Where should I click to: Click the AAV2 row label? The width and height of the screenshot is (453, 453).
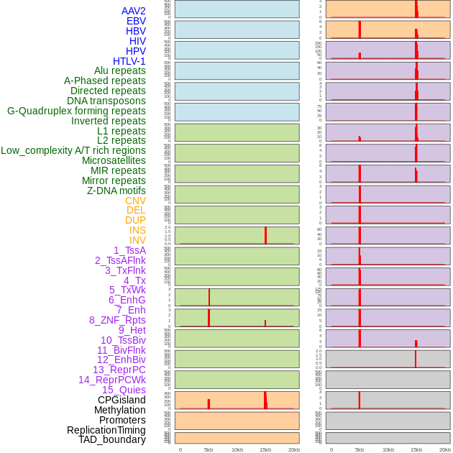133,11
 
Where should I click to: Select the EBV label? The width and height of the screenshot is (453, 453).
136,21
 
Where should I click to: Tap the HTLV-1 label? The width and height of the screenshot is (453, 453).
129,61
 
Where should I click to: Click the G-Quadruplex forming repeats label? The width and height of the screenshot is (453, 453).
76,111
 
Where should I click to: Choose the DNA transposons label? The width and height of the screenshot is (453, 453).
106,101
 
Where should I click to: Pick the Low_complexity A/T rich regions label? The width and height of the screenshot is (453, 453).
73,150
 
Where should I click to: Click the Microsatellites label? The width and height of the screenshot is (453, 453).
114,160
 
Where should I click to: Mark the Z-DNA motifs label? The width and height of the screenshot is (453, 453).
116,191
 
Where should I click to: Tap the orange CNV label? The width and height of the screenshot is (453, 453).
135,201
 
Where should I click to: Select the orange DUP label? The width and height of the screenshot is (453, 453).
135,220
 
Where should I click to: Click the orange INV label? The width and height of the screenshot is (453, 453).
137,240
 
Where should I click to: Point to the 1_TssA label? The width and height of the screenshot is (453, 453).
129,250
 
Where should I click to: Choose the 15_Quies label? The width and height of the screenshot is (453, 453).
124,390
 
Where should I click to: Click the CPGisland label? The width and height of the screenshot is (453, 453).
122,400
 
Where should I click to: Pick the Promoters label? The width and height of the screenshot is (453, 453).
122,420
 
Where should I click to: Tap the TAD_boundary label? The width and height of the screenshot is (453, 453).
111,439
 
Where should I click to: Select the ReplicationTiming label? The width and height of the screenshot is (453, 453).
106,430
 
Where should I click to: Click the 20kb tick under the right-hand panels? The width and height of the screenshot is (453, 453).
445,449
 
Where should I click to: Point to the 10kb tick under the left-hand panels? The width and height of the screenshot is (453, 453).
237,449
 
